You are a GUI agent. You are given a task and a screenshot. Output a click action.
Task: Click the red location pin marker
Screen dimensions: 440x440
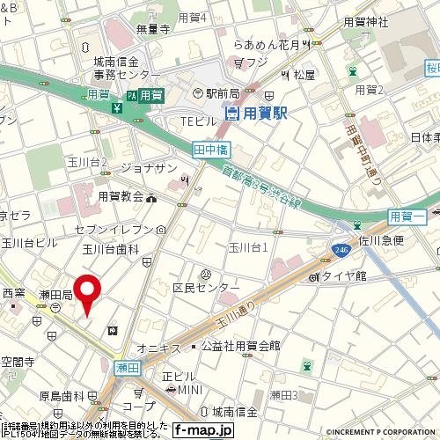coord(86,293)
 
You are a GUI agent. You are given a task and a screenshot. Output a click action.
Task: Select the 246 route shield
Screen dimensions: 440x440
coord(340,252)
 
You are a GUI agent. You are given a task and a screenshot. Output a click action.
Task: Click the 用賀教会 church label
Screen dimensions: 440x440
coord(121,197)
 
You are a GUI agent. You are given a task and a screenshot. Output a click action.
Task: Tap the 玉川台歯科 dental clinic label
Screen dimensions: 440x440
coord(112,250)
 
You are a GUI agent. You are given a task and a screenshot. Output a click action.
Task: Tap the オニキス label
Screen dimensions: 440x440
coord(159,346)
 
